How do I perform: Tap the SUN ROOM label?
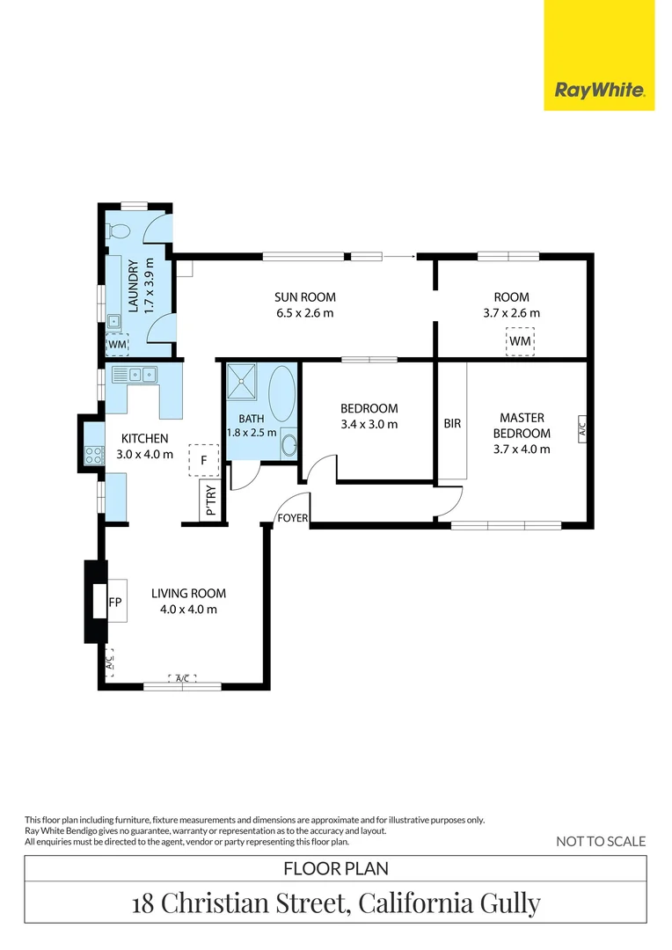point(305,297)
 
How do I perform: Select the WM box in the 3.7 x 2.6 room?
point(520,340)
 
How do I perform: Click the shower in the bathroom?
point(241,382)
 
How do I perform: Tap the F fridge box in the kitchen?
point(204,460)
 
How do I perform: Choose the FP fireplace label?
point(114,603)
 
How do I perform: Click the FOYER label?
point(293,518)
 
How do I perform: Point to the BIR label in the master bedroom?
point(452,423)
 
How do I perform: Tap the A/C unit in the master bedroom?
point(581,428)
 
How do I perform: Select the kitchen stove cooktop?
point(94,455)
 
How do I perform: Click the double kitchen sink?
point(141,375)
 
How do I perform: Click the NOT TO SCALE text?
point(601,842)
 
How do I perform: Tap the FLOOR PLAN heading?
point(336,869)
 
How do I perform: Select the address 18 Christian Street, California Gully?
point(336,903)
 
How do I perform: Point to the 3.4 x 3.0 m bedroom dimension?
point(369,424)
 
